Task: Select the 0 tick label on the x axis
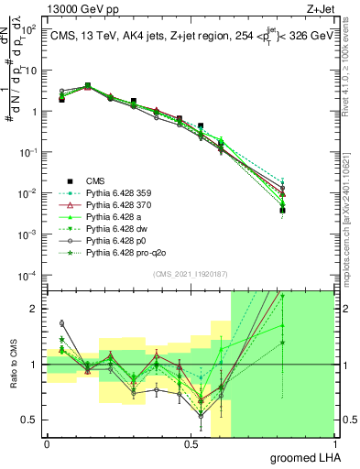tap(47, 444)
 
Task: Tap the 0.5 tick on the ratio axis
tap(29, 420)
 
